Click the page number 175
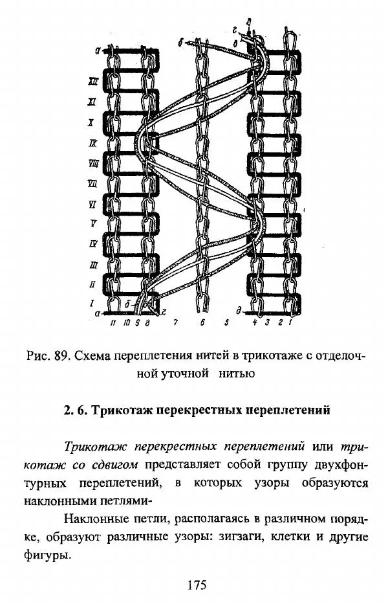[197, 585]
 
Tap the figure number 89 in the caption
[61, 355]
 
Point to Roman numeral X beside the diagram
[91, 122]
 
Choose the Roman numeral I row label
[92, 304]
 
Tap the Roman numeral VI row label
[92, 205]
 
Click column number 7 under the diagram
[175, 323]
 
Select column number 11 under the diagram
[113, 323]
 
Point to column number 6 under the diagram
[202, 323]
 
